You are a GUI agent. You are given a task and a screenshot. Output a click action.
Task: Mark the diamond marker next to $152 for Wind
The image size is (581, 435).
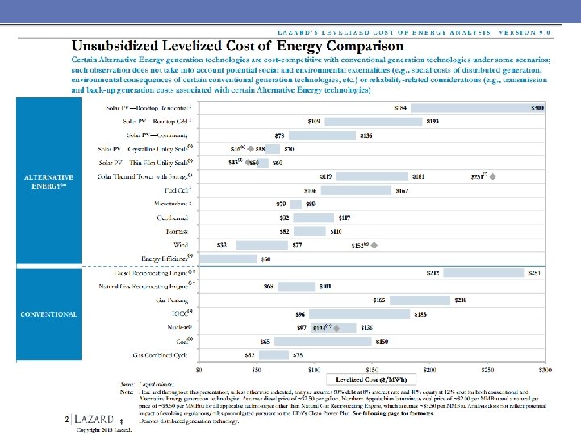coord(374,244)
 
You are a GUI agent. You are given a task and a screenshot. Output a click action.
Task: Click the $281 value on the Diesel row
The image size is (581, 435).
coord(533,272)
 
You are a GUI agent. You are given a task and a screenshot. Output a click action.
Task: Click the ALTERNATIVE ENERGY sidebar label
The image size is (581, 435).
coord(48,181)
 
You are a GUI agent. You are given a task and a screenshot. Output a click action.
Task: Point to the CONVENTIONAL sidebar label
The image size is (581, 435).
coord(49,314)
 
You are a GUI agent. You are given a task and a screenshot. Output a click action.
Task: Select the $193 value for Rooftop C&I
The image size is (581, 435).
coord(433,121)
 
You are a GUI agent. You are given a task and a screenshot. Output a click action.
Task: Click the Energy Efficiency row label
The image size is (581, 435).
coord(164,258)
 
